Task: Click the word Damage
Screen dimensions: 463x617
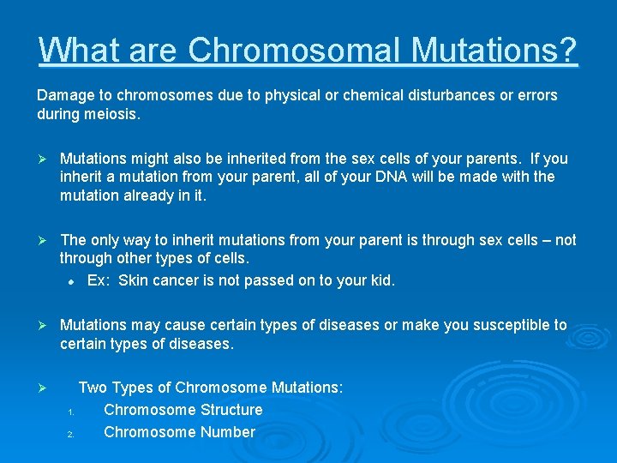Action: pos(63,95)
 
